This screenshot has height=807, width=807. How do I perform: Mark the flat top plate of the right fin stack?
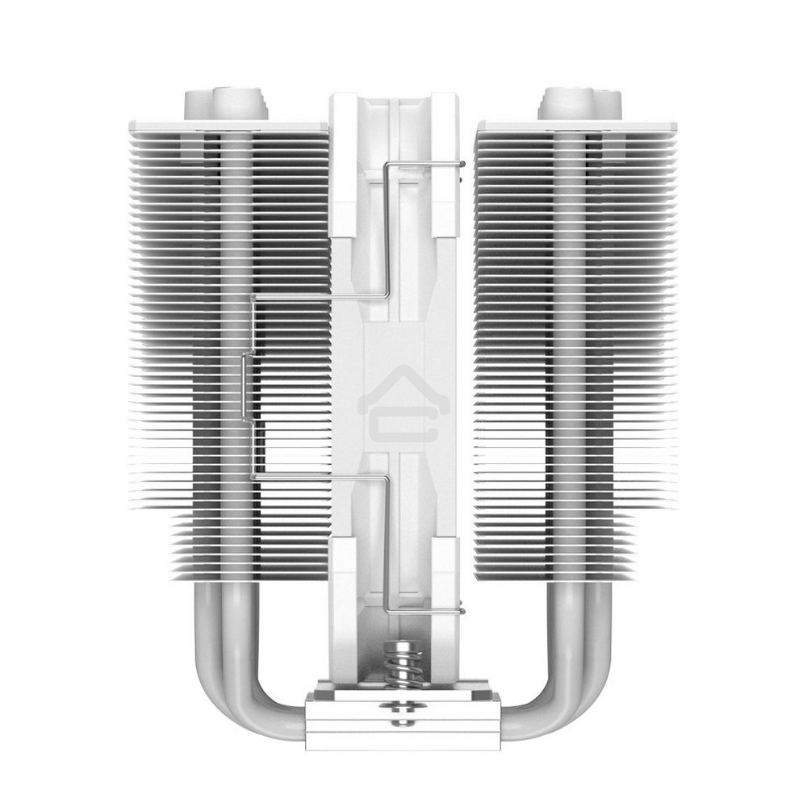pyautogui.click(x=576, y=127)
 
